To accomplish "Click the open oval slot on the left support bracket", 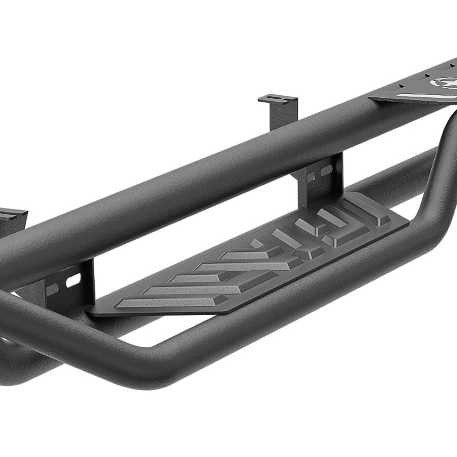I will pos(70,283).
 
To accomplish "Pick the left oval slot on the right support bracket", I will pos(311,176).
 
